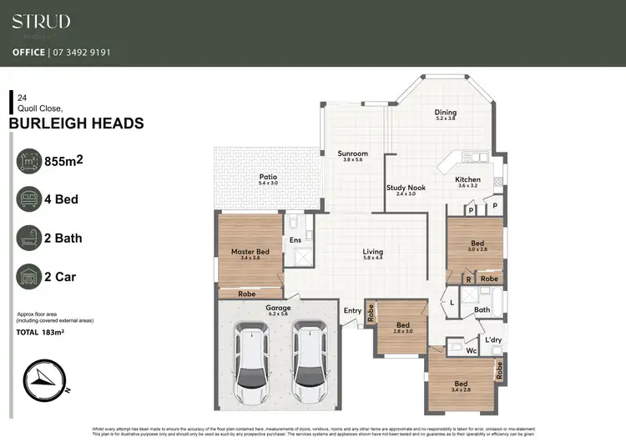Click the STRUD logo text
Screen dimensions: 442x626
click(x=41, y=22)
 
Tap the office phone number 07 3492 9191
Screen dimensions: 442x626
click(x=84, y=52)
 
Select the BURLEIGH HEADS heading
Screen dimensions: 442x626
click(x=76, y=123)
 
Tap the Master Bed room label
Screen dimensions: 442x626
click(x=250, y=252)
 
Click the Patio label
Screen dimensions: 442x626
click(x=267, y=177)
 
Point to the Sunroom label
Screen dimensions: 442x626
click(x=352, y=154)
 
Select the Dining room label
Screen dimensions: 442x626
click(x=445, y=113)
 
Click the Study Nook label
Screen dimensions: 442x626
click(x=406, y=188)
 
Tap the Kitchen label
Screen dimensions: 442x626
click(x=467, y=180)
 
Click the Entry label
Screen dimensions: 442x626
click(x=352, y=311)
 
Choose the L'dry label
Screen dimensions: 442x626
click(x=492, y=339)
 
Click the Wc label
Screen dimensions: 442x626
click(x=471, y=352)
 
